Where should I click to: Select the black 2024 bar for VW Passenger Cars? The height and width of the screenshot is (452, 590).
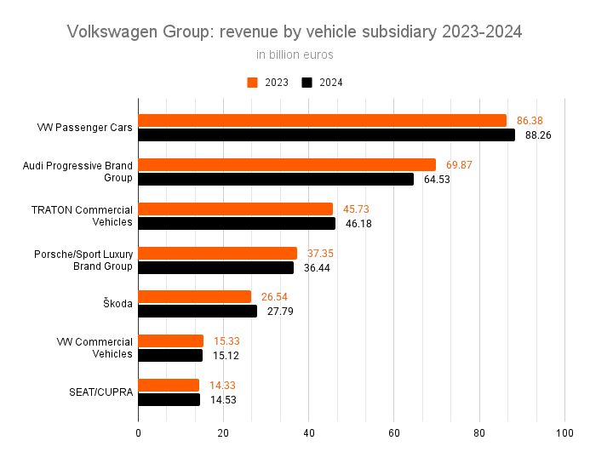pyautogui.click(x=326, y=134)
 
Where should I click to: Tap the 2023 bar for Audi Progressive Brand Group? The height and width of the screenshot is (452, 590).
pyautogui.click(x=287, y=165)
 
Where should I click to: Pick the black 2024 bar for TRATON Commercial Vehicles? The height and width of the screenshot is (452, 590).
pyautogui.click(x=237, y=223)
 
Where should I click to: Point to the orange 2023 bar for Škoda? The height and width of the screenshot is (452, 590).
pyautogui.click(x=195, y=296)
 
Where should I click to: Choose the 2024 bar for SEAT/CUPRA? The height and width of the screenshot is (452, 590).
pyautogui.click(x=169, y=399)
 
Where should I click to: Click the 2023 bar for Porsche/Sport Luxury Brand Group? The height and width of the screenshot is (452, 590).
pyautogui.click(x=217, y=253)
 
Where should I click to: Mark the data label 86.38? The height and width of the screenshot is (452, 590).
pyautogui.click(x=530, y=121)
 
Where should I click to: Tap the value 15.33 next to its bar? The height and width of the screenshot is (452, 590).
pyautogui.click(x=227, y=340)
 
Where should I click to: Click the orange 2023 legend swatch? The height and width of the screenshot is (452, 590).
pyautogui.click(x=252, y=83)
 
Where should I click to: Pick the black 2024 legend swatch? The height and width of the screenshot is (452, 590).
pyautogui.click(x=307, y=83)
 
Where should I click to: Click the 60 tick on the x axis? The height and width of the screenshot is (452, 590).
pyautogui.click(x=394, y=432)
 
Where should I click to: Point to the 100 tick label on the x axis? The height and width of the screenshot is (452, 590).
pyautogui.click(x=564, y=432)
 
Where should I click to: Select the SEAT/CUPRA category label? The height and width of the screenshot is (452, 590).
pyautogui.click(x=100, y=392)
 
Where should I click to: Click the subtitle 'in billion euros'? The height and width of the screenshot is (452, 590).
pyautogui.click(x=295, y=55)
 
